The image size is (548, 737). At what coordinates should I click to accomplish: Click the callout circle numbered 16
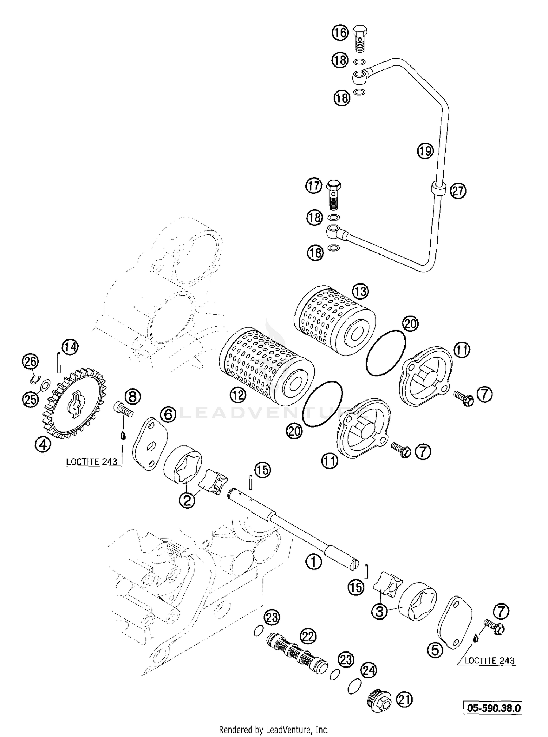(340, 33)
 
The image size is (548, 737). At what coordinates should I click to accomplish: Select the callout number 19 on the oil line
(425, 151)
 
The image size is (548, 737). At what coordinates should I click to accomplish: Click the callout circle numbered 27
(458, 191)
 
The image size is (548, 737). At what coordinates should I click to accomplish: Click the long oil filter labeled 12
(267, 367)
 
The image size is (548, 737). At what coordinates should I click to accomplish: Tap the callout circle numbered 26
(30, 362)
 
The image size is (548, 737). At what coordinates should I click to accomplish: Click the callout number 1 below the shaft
(314, 562)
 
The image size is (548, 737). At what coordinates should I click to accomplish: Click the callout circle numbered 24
(369, 670)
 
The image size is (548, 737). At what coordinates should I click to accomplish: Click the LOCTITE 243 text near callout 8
(91, 462)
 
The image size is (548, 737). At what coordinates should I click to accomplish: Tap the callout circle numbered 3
(380, 612)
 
